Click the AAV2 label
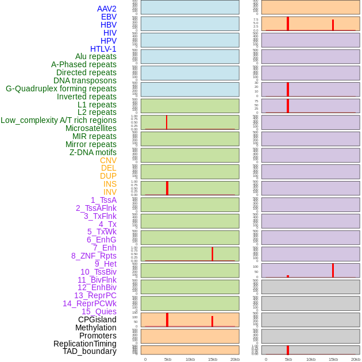coord(106,9)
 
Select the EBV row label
coord(109,17)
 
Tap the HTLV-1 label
coord(103,49)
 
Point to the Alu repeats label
coord(95,56)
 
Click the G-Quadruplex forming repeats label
coord(61,88)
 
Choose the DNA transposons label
coord(85,80)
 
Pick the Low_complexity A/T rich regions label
coord(59,120)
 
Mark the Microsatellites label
coord(91,128)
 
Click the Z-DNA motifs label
coord(93,152)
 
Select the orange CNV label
coord(108,160)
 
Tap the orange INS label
coord(110,184)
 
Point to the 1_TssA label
coord(103,200)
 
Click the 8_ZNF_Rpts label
coord(94,256)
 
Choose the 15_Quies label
coord(99,311)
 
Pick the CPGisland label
coord(97,319)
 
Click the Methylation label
coord(95,328)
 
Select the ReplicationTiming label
coord(84,344)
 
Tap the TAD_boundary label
coord(90,351)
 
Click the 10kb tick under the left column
coord(190,359)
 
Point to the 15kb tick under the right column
coord(333,359)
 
